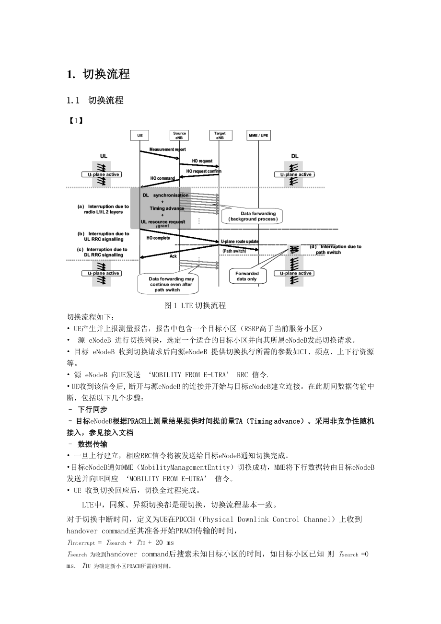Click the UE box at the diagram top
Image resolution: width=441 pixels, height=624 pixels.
[x=139, y=136]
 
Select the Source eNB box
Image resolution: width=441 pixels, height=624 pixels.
[x=179, y=136]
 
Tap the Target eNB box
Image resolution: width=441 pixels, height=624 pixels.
[x=220, y=136]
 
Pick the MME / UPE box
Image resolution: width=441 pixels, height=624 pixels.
[x=258, y=136]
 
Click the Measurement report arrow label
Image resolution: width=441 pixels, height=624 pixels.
[x=167, y=150]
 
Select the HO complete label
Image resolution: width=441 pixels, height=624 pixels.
[x=158, y=238]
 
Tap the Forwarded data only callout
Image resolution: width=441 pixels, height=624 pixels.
[x=246, y=276]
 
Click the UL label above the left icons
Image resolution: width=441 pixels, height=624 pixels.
[x=104, y=156]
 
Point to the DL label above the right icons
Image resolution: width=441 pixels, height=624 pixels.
[x=294, y=156]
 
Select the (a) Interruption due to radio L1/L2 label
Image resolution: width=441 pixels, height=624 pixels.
[x=103, y=209]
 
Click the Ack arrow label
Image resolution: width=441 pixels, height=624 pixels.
[x=173, y=256]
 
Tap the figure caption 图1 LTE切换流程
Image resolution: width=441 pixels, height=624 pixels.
[x=195, y=305]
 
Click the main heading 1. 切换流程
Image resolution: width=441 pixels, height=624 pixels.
[x=98, y=74]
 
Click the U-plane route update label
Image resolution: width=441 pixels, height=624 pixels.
[x=240, y=242]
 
